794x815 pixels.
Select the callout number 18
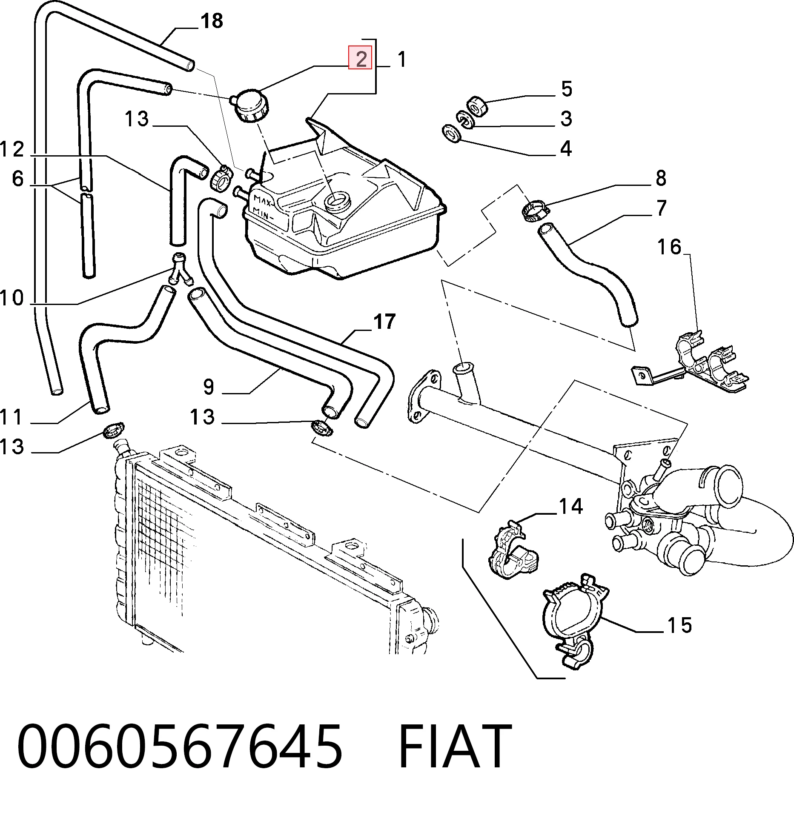pos(212,20)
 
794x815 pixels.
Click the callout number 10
pos(12,297)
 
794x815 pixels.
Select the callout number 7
pos(661,208)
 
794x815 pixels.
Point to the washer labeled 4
pos(451,134)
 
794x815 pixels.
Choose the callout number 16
pos(670,247)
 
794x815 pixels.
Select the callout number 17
pos(384,322)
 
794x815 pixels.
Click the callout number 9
pos(208,386)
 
